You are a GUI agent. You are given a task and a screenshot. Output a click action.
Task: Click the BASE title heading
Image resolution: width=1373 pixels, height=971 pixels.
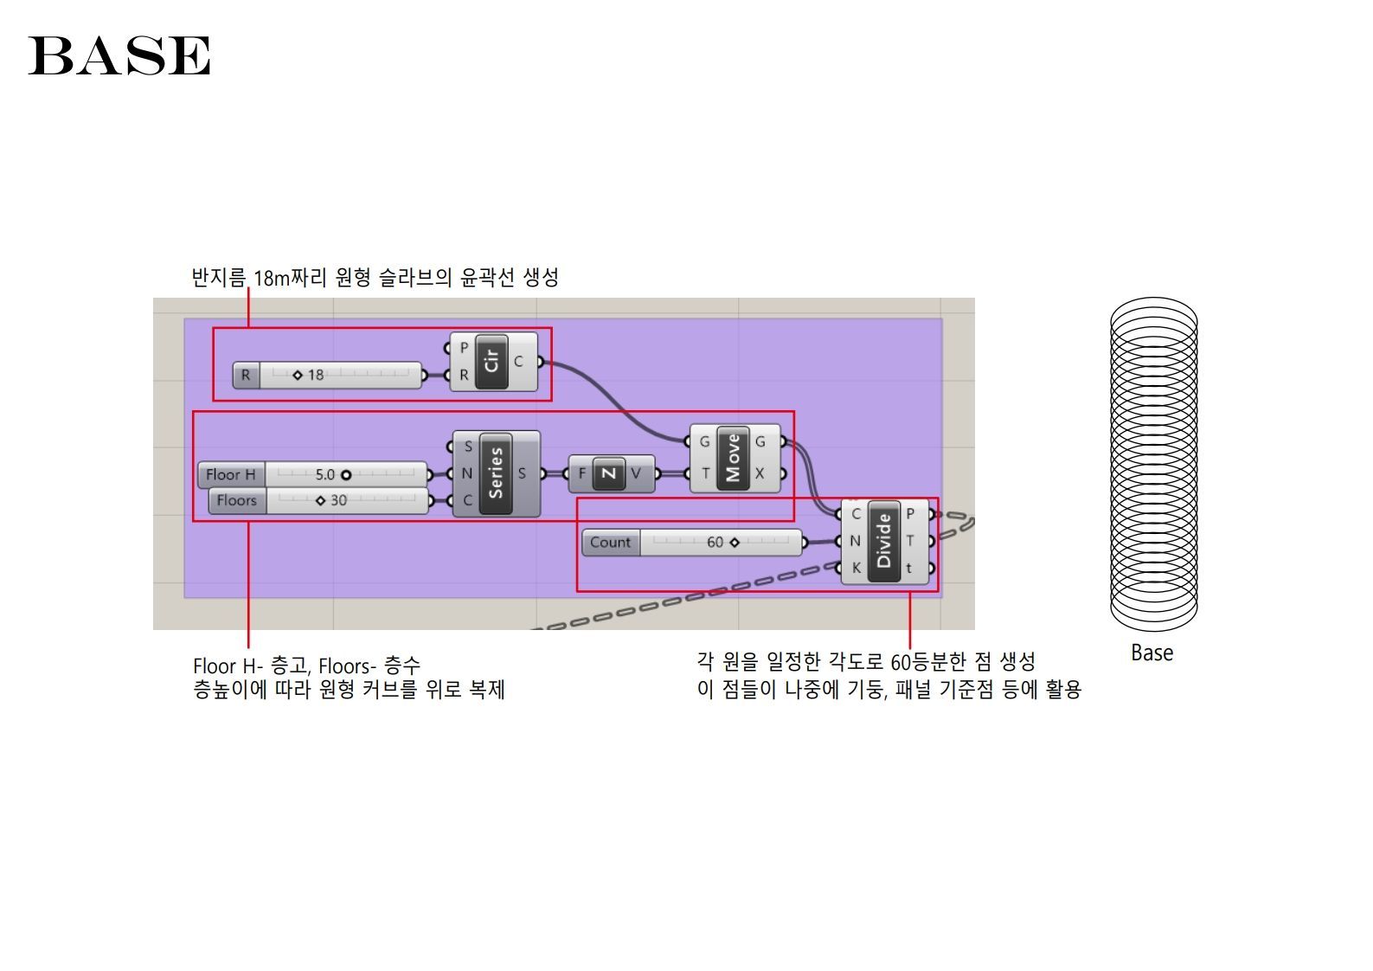pos(119,55)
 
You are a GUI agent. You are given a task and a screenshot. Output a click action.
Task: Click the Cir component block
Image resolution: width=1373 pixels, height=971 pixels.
pos(492,362)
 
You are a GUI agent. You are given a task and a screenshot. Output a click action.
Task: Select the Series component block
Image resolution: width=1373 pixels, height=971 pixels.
pos(495,473)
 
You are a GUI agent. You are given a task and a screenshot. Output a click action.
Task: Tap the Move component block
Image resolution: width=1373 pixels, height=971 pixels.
pos(733,458)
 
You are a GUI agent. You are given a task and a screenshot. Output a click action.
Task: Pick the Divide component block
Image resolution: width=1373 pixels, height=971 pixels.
pos(883,541)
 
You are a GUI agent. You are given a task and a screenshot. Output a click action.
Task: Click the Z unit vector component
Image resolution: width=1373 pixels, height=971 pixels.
pos(609,473)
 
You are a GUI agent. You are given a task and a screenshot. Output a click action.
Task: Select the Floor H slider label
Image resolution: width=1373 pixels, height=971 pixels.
pos(231,474)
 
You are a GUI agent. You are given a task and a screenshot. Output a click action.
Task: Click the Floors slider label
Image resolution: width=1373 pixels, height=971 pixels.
pos(237,500)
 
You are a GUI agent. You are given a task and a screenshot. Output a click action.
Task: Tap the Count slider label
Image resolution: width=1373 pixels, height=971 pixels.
pos(610,543)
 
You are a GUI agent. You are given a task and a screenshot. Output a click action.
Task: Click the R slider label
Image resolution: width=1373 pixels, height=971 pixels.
pos(246,376)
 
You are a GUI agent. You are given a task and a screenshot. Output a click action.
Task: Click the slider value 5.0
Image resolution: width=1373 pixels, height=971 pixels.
pos(325,474)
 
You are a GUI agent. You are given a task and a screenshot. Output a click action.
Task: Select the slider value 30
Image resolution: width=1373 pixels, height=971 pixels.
pos(338,500)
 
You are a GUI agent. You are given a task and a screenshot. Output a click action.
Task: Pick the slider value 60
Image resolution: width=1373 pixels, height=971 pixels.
pos(715,543)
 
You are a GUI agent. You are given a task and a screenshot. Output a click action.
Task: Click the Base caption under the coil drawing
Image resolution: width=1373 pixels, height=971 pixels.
pos(1152,653)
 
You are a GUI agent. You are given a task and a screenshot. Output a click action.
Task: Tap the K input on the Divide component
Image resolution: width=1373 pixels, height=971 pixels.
pos(856,568)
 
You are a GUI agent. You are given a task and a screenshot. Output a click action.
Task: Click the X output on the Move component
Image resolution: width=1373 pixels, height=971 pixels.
pos(760,473)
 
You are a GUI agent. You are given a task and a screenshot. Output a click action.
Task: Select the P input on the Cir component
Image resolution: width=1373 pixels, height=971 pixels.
pos(464,348)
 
